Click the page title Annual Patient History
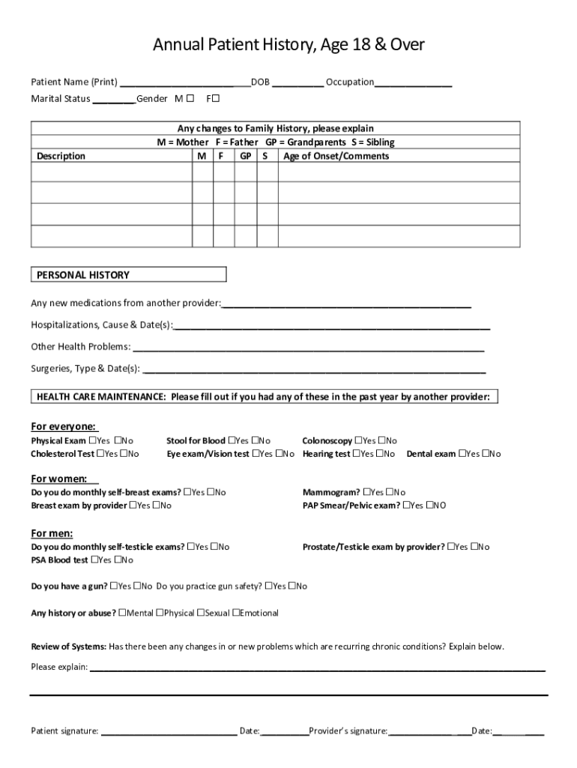tap(288, 46)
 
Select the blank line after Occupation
tap(413, 82)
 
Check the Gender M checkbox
tap(190, 98)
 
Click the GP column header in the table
tap(245, 156)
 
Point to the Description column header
tap(61, 156)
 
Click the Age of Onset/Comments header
tap(336, 156)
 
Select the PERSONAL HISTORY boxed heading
tap(83, 275)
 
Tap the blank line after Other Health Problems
tap(308, 347)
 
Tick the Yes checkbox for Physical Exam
tap(93, 441)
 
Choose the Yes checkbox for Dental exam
tap(463, 454)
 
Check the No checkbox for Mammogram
tap(390, 493)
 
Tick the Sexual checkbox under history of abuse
tap(201, 613)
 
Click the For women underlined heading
tap(58, 478)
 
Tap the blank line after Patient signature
tap(169, 730)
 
